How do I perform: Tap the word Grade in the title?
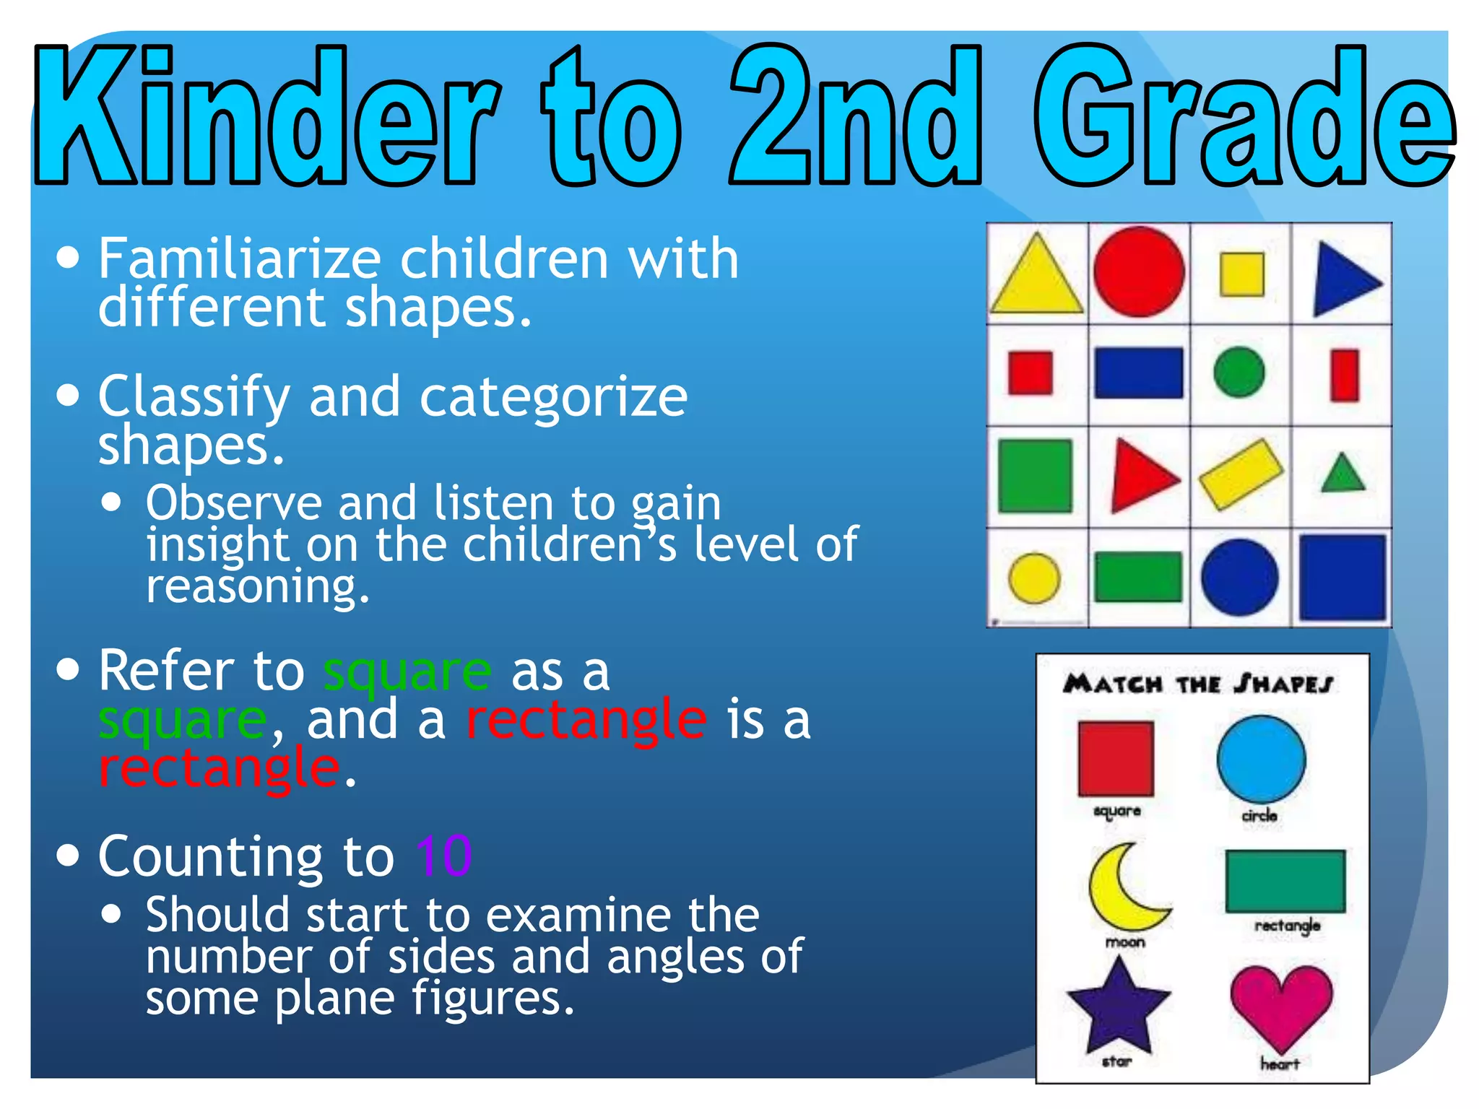click(x=1242, y=116)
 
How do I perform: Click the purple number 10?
click(x=443, y=856)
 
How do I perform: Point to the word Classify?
click(x=194, y=398)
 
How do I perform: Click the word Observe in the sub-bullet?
click(x=233, y=503)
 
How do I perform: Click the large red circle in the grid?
click(x=1138, y=272)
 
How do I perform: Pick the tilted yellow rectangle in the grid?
click(x=1241, y=474)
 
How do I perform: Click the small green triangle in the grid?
click(x=1343, y=475)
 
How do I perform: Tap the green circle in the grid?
click(x=1239, y=373)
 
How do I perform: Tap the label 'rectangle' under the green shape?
click(x=1287, y=925)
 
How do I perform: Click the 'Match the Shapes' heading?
click(x=1198, y=683)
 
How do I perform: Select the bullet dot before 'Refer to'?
click(x=68, y=669)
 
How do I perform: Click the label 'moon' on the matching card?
click(x=1125, y=942)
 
